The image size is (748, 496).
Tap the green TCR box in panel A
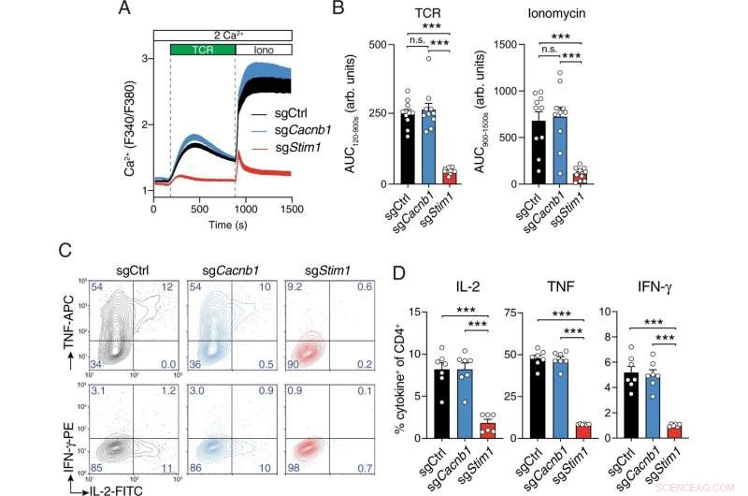coord(201,49)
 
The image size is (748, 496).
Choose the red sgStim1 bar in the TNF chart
coord(557,430)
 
